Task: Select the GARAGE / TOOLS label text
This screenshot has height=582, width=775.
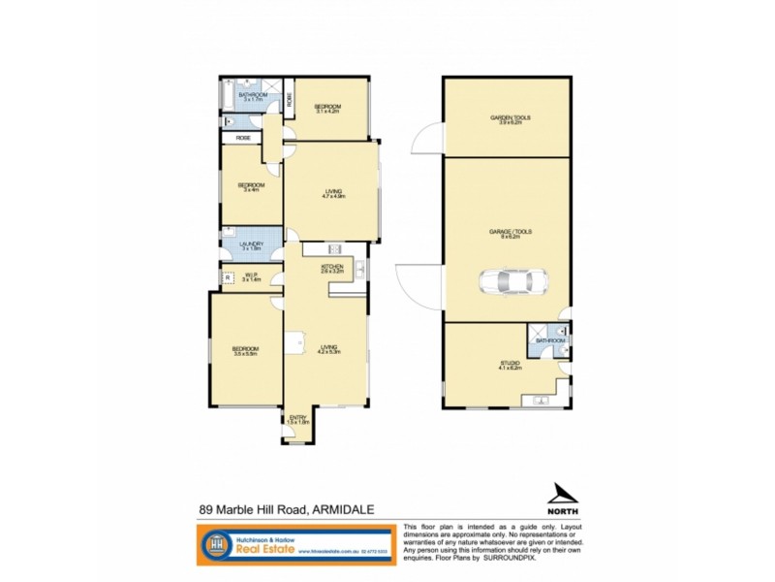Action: point(510,234)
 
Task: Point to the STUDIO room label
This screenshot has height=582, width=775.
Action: point(511,366)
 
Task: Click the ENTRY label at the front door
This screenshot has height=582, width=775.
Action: point(297,419)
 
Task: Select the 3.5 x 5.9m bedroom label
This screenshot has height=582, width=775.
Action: point(245,351)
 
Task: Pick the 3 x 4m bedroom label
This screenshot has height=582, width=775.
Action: point(252,186)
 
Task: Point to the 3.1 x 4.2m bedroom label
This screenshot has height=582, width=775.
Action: point(329,108)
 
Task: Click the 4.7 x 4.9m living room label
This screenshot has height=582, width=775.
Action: point(333,192)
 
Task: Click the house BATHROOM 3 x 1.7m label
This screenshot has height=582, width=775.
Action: point(254,96)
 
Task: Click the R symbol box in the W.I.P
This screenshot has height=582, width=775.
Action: point(228,277)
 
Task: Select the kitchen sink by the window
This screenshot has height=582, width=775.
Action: point(357,268)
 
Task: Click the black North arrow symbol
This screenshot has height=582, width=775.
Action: point(564,495)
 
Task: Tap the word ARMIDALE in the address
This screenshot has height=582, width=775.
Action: point(343,509)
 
